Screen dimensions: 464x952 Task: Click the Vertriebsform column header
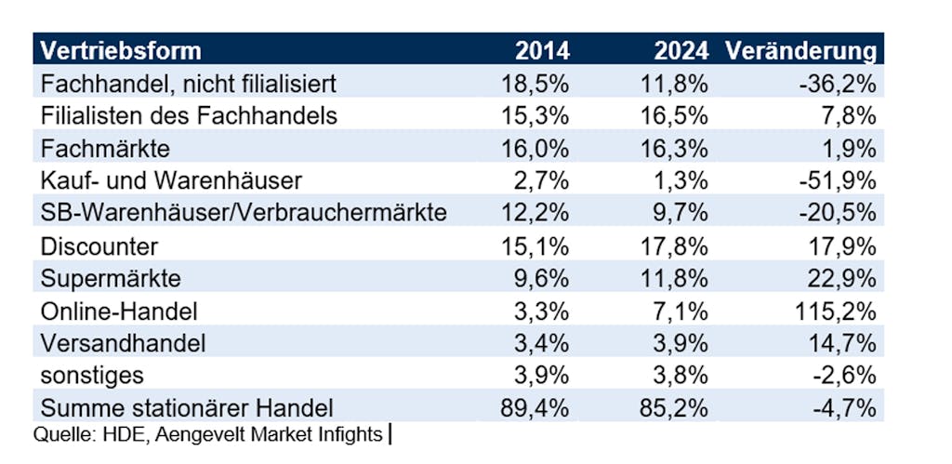pyautogui.click(x=121, y=50)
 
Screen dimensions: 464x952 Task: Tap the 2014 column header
pyautogui.click(x=543, y=50)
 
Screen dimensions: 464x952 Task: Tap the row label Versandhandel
pyautogui.click(x=123, y=343)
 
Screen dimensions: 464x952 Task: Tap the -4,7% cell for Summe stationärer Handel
pyautogui.click(x=847, y=407)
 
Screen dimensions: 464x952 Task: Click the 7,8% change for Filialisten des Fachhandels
pyautogui.click(x=853, y=115)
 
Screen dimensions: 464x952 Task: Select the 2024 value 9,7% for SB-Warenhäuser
pyautogui.click(x=684, y=213)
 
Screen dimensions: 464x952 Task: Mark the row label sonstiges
pyautogui.click(x=93, y=376)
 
